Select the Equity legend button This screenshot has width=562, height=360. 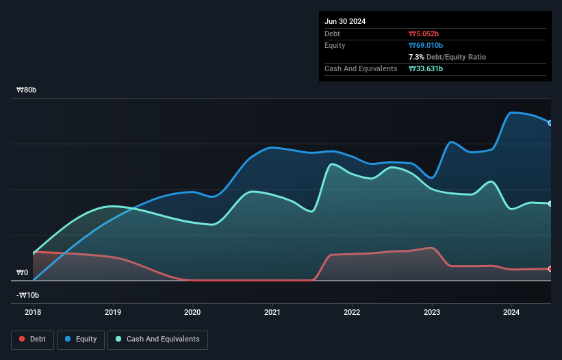81,339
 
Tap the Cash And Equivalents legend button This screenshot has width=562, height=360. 157,339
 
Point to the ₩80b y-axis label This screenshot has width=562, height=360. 28,90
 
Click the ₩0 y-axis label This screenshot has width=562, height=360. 22,272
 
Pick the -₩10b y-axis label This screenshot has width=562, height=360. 28,295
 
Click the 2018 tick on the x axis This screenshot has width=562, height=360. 34,312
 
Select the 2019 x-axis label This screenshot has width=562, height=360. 113,312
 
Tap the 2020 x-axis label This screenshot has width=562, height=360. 193,312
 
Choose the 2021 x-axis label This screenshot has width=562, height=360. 272,312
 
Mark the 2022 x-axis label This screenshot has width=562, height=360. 352,312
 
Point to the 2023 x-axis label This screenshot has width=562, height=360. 432,312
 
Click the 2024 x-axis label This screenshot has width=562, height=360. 511,312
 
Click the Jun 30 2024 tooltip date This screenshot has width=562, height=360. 345,21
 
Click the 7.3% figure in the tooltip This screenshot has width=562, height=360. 417,57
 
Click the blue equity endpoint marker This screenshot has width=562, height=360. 550,123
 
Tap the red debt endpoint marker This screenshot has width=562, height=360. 550,269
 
